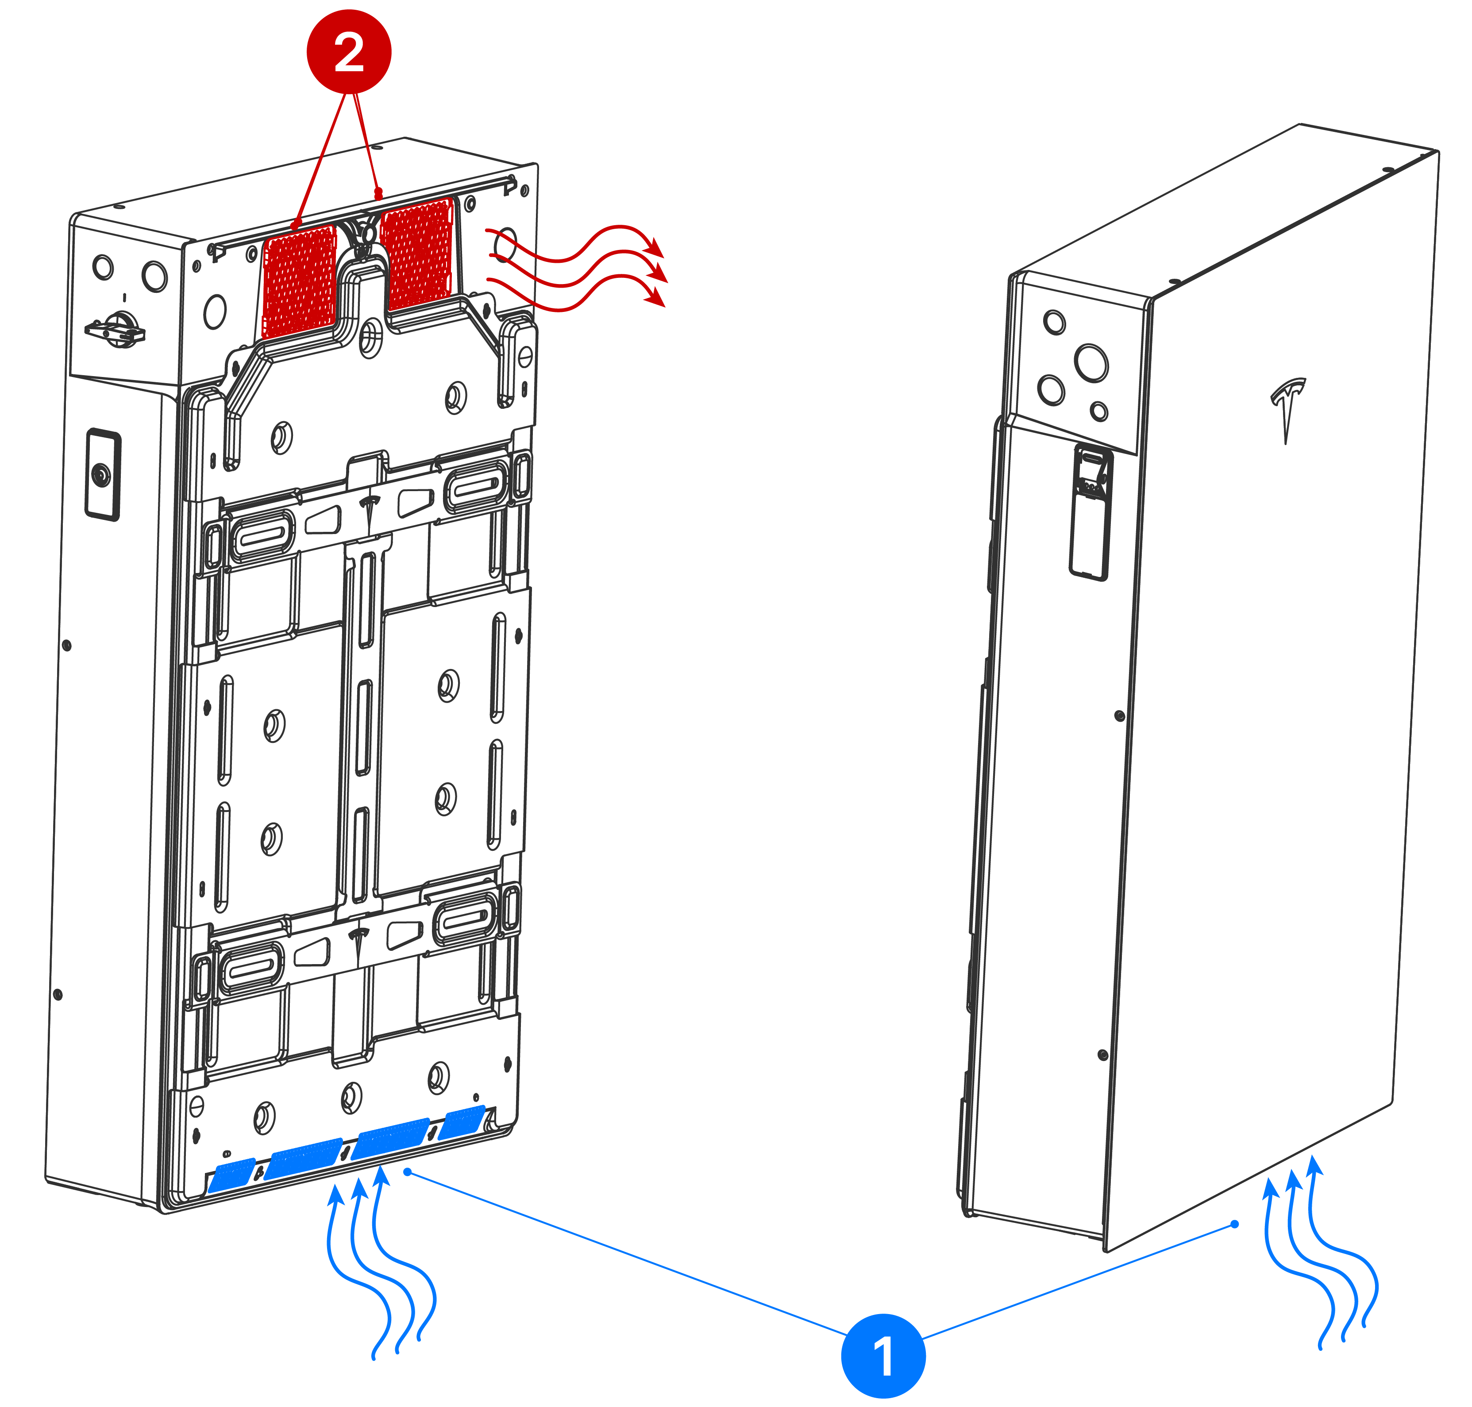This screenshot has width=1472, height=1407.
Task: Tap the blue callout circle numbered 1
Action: pyautogui.click(x=882, y=1354)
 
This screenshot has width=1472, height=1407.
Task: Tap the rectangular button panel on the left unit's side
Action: pyautogui.click(x=103, y=474)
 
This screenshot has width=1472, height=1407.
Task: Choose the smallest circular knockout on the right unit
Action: pyautogui.click(x=1099, y=411)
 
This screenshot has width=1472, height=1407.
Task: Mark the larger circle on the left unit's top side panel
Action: pyautogui.click(x=154, y=276)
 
